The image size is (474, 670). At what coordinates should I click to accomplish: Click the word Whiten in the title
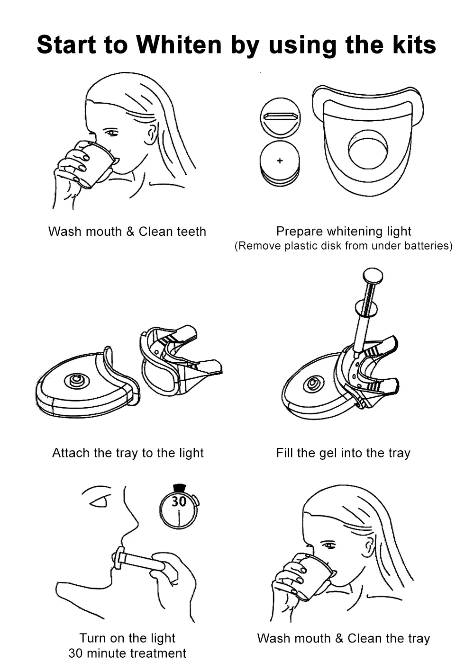pos(179,45)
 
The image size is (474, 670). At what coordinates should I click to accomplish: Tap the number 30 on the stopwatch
pos(179,501)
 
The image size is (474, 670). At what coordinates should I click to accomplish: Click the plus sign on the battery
pos(280,161)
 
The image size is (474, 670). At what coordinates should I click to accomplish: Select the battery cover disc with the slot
pos(281,117)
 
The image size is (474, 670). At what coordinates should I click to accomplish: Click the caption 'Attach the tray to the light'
pos(128,453)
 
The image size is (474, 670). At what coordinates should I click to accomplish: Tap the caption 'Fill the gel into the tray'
pos(343,453)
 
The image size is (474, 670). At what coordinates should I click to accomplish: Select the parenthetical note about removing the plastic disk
pos(343,246)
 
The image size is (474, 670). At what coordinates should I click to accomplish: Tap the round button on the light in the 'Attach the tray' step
pos(76,380)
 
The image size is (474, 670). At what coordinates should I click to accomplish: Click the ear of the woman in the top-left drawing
pos(151,134)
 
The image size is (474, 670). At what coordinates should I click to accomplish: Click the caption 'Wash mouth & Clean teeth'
pos(127,232)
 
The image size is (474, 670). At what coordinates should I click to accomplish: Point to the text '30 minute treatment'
pos(127,653)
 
